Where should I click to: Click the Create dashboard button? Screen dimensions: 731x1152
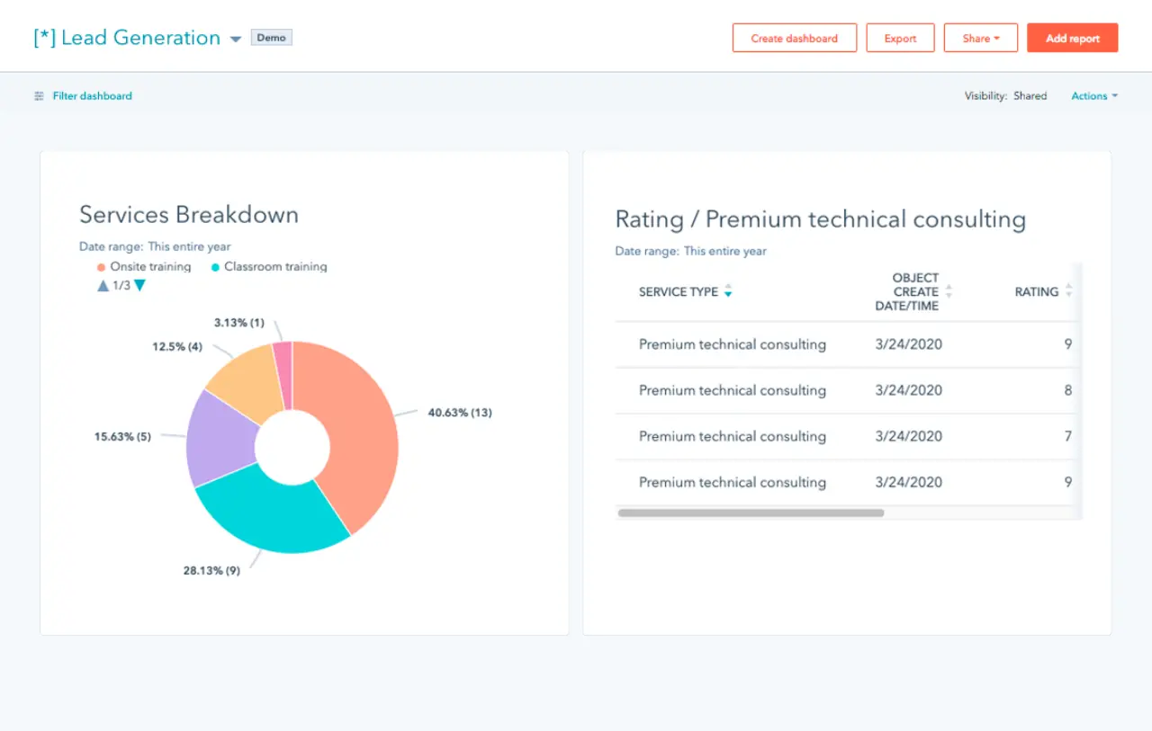pyautogui.click(x=794, y=39)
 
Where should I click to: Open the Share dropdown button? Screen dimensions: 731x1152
pyautogui.click(x=980, y=39)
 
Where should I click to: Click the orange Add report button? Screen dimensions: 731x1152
pyautogui.click(x=1072, y=39)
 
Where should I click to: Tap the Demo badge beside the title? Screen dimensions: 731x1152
pyautogui.click(x=271, y=38)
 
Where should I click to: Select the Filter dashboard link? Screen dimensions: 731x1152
pyautogui.click(x=92, y=96)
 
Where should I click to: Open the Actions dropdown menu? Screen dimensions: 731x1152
pyautogui.click(x=1093, y=96)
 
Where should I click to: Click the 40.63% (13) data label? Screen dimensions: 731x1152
pyautogui.click(x=459, y=413)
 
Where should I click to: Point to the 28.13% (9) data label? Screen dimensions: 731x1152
pyautogui.click(x=211, y=570)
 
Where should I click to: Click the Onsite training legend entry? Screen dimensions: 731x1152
pyautogui.click(x=149, y=267)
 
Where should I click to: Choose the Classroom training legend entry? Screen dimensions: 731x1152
pyautogui.click(x=274, y=267)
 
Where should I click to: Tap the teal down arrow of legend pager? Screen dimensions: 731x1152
pyautogui.click(x=139, y=286)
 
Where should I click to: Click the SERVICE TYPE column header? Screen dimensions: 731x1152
pyautogui.click(x=679, y=292)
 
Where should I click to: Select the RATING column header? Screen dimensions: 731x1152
pyautogui.click(x=1036, y=292)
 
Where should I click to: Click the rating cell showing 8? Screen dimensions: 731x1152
pyautogui.click(x=1067, y=390)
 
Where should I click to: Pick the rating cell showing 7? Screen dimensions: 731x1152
pyautogui.click(x=1067, y=436)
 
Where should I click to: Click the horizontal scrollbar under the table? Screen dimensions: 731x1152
pyautogui.click(x=751, y=513)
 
